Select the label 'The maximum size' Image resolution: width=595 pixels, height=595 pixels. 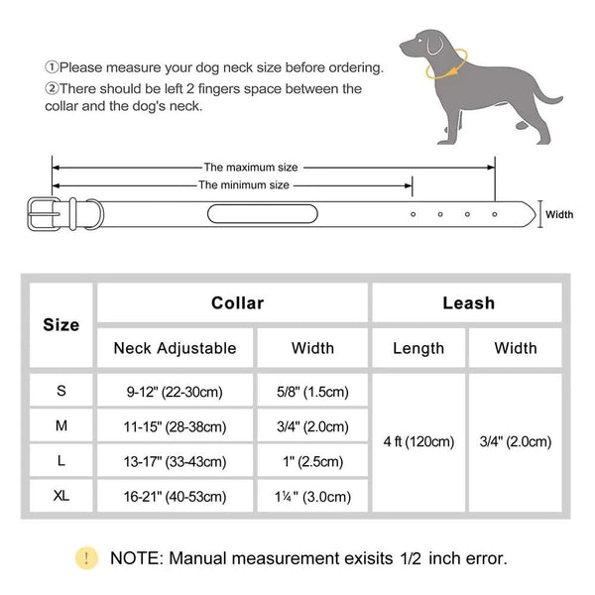click(250, 168)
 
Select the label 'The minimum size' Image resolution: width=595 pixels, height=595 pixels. click(244, 184)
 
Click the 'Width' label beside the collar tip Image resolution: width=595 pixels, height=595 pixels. click(560, 213)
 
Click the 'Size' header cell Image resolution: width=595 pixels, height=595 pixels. click(61, 324)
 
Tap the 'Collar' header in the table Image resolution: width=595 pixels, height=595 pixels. click(237, 302)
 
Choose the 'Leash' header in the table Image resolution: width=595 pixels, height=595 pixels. click(467, 302)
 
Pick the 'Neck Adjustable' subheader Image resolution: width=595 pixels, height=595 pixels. click(175, 348)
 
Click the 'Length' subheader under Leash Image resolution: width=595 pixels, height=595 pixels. click(417, 348)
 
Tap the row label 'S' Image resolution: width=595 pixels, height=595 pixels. click(61, 392)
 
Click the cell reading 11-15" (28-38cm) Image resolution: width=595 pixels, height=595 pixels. click(175, 426)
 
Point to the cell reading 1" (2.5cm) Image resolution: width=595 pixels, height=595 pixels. click(312, 461)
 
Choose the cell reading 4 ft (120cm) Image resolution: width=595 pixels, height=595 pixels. click(417, 440)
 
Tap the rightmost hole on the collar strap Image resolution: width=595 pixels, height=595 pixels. click(495, 213)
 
